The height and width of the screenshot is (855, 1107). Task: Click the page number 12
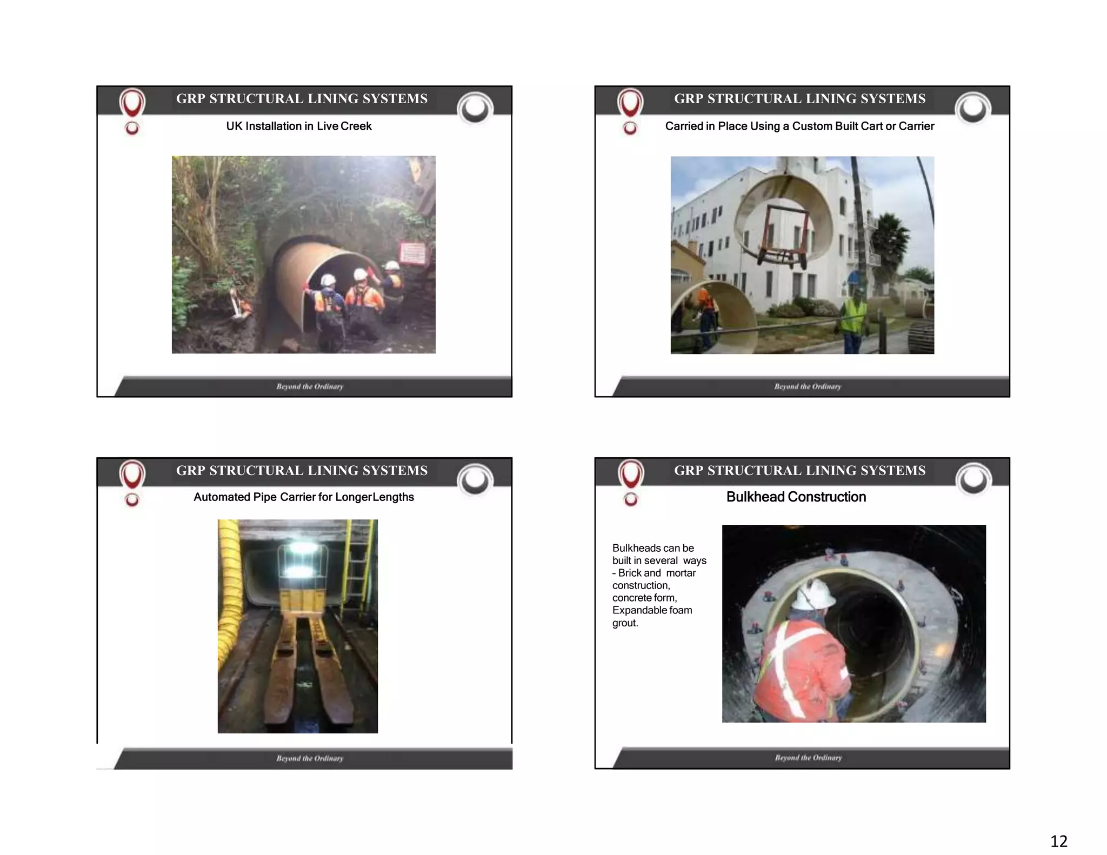[1058, 841]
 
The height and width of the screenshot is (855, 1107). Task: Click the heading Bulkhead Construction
[796, 497]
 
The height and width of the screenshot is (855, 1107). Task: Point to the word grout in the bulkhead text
[624, 623]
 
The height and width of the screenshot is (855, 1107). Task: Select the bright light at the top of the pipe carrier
[297, 549]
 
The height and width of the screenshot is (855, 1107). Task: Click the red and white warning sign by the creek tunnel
[413, 253]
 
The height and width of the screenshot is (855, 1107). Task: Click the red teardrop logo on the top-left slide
[132, 103]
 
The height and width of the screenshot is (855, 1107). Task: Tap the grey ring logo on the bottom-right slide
[973, 480]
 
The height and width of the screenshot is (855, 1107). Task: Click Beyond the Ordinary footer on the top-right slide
[807, 386]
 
